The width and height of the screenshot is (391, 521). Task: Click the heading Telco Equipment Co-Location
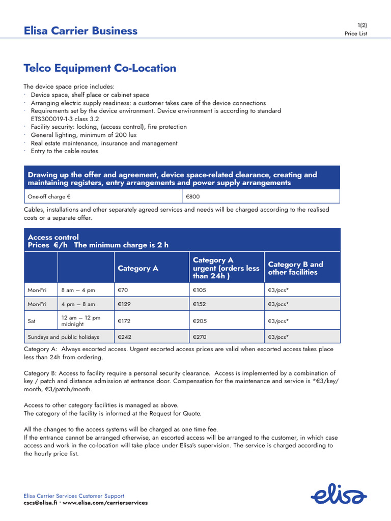(x=100, y=68)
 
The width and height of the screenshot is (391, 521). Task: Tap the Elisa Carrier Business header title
(x=80, y=31)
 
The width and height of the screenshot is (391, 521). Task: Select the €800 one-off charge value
(x=192, y=196)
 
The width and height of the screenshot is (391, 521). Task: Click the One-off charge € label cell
(x=49, y=196)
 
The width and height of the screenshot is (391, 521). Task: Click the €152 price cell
(x=200, y=304)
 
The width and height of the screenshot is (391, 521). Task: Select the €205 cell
(x=200, y=321)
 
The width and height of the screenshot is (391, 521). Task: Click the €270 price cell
(x=200, y=337)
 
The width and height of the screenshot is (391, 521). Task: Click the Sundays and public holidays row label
(x=63, y=337)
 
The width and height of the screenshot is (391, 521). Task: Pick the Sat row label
(x=32, y=321)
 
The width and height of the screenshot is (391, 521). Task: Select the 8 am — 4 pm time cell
(x=78, y=290)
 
